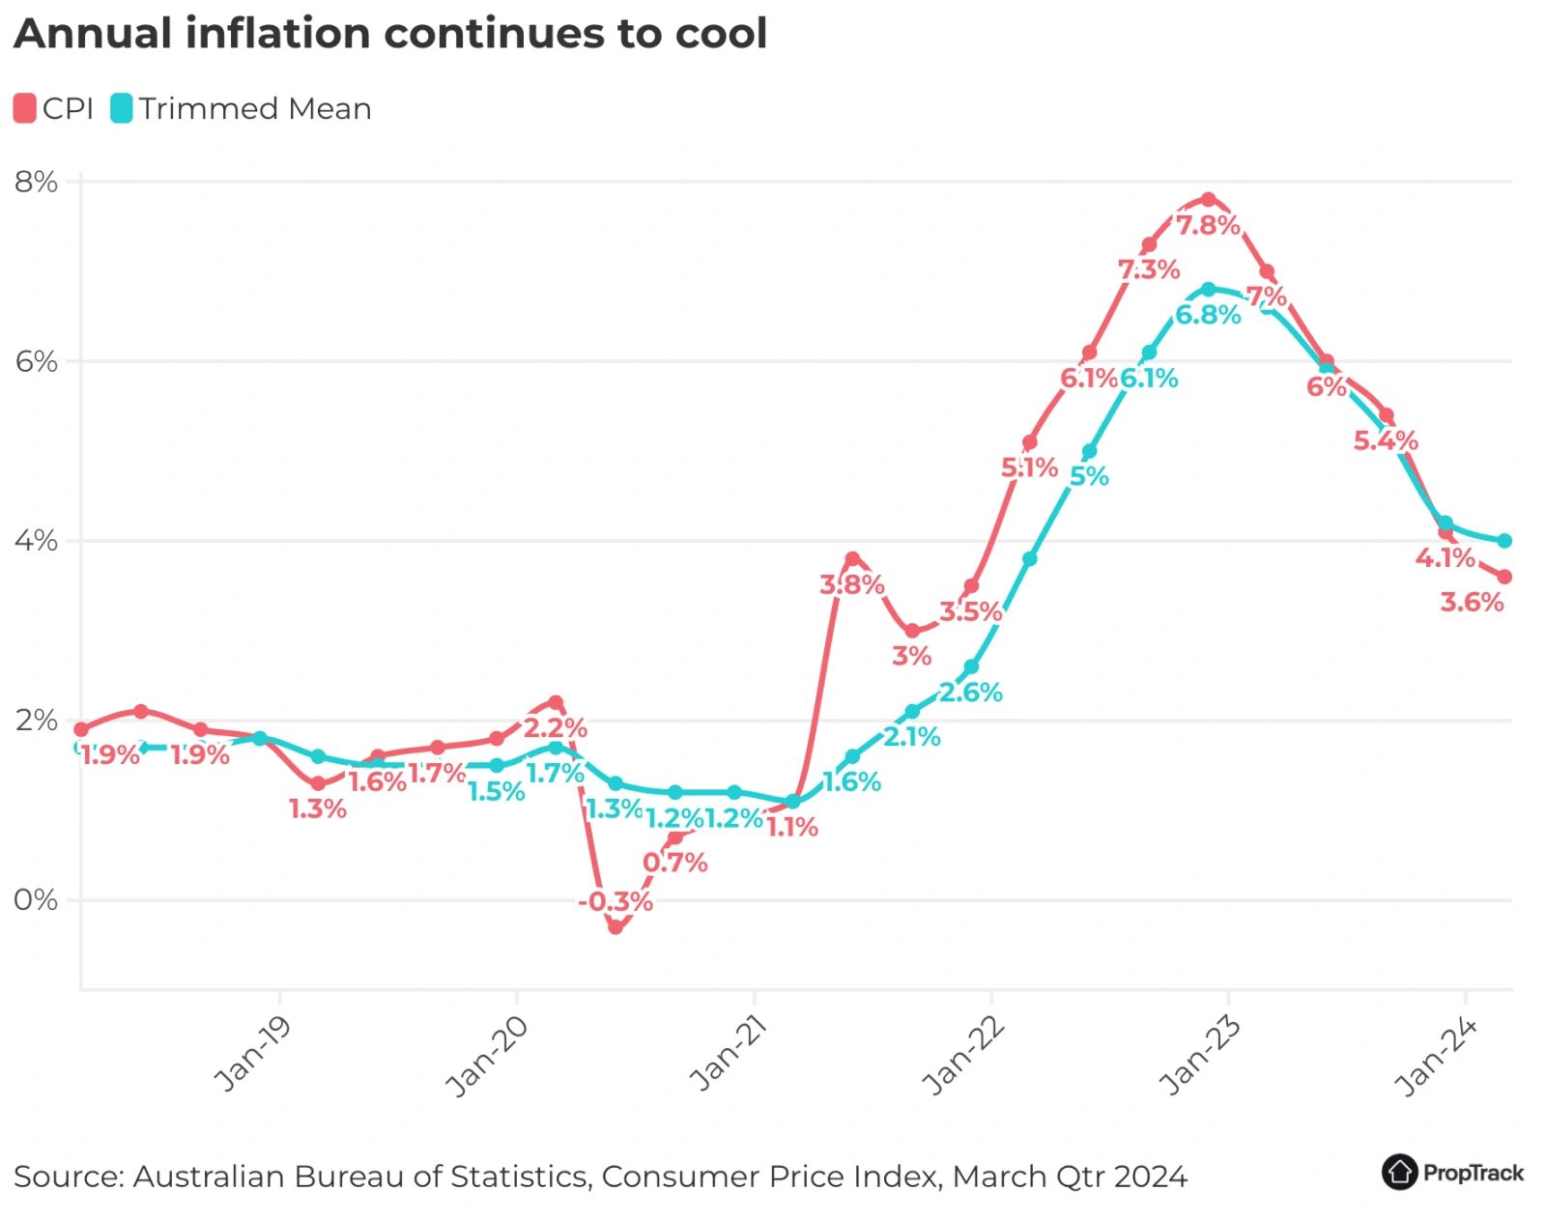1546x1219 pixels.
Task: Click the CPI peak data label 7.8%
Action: (x=1208, y=225)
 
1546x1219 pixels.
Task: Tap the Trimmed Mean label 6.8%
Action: (x=1208, y=315)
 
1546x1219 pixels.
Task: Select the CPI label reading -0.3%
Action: (x=616, y=902)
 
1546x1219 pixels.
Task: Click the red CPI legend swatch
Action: (x=24, y=108)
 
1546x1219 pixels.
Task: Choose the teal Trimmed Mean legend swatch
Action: (x=121, y=108)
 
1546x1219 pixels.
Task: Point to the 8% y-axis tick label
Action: (x=36, y=182)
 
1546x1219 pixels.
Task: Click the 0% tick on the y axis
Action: (x=36, y=900)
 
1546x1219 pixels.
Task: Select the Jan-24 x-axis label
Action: (x=1438, y=1057)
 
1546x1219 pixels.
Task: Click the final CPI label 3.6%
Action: (x=1472, y=603)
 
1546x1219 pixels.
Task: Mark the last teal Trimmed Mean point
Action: (x=1504, y=541)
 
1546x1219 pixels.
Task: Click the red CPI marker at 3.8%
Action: (x=852, y=559)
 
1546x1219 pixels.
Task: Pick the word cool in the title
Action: (x=721, y=34)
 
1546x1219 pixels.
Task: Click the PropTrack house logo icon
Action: (x=1399, y=1172)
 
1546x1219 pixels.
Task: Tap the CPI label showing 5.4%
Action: (x=1386, y=441)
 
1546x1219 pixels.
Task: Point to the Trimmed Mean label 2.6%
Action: (x=971, y=693)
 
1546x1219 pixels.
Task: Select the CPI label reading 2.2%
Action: (x=556, y=727)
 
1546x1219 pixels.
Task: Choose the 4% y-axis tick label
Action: (x=36, y=541)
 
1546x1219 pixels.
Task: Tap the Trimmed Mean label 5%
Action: (x=1089, y=476)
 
